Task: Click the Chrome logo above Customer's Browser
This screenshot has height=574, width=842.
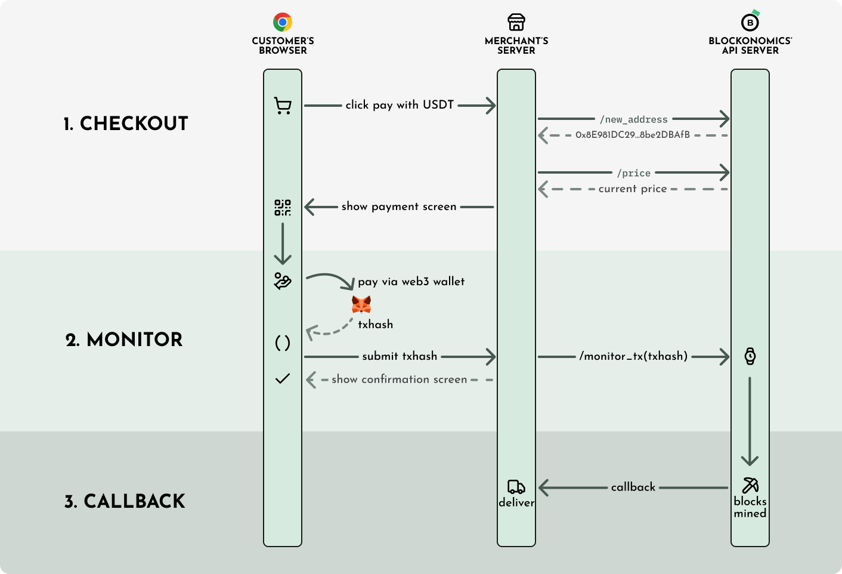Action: tap(283, 22)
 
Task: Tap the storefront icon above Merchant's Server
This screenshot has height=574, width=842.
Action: tap(516, 22)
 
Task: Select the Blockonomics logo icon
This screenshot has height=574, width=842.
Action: tap(750, 22)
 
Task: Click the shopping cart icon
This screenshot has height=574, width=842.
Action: tap(283, 106)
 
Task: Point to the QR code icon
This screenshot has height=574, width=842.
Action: tap(283, 207)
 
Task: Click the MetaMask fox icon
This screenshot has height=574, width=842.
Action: tap(361, 304)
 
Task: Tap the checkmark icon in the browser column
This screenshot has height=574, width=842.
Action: tap(283, 378)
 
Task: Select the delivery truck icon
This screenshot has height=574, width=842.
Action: tap(516, 487)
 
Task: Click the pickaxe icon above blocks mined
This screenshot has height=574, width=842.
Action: tap(750, 485)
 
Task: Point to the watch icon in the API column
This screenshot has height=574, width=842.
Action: tap(750, 356)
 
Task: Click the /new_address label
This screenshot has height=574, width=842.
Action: tap(633, 119)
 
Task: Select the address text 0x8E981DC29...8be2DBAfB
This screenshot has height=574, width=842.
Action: tap(633, 135)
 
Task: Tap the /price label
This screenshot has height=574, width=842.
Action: tap(633, 173)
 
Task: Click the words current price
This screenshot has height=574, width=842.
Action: tap(633, 189)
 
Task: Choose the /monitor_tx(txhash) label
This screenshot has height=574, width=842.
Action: tap(633, 356)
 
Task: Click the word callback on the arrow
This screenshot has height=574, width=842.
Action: tap(633, 487)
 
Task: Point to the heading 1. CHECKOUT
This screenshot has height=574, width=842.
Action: tap(126, 124)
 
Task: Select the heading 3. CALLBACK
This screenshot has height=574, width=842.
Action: tap(125, 501)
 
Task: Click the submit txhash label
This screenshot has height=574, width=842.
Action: tap(400, 356)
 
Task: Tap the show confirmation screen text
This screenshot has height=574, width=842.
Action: tap(400, 379)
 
